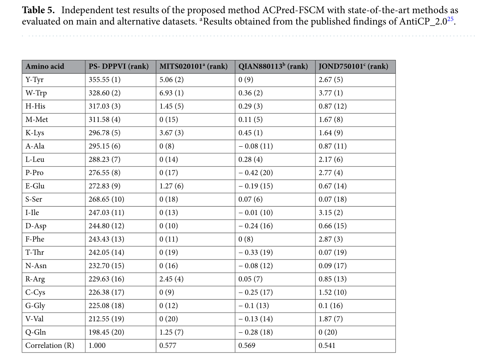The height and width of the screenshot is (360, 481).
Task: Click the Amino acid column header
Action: (x=45, y=66)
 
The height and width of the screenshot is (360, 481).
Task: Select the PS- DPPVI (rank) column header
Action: (x=117, y=66)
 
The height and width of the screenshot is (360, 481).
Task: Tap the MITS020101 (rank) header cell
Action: (x=193, y=66)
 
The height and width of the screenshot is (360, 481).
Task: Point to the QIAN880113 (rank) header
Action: (x=273, y=66)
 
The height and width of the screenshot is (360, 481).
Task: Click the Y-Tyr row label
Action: (x=35, y=80)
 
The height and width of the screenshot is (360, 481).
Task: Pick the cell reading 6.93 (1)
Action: (x=172, y=93)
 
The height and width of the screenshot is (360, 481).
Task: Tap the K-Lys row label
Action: (x=35, y=133)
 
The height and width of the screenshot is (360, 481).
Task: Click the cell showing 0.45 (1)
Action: (x=251, y=133)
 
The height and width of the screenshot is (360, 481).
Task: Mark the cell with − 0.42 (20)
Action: (x=255, y=173)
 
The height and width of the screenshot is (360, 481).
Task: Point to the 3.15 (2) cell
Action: (x=331, y=213)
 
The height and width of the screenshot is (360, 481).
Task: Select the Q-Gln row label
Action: (x=36, y=332)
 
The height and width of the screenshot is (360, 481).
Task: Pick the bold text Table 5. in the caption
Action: (x=38, y=10)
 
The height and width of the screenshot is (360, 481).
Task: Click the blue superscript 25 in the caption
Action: (x=451, y=19)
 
